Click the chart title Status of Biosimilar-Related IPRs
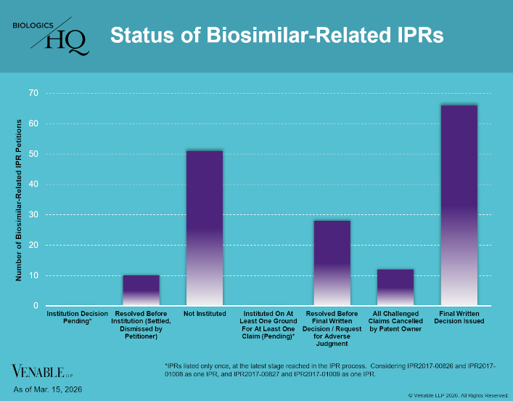pos(276,35)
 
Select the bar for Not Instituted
pos(205,228)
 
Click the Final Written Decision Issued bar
pos(459,206)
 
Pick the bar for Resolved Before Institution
pos(141,291)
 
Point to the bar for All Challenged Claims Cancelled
pos(395,288)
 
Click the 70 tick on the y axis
pos(33,93)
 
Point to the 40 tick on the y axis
pos(33,185)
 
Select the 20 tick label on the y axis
pos(33,246)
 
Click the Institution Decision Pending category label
pos(78,317)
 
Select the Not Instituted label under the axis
pos(205,313)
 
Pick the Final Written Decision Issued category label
pos(459,317)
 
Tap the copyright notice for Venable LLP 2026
pos(458,395)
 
